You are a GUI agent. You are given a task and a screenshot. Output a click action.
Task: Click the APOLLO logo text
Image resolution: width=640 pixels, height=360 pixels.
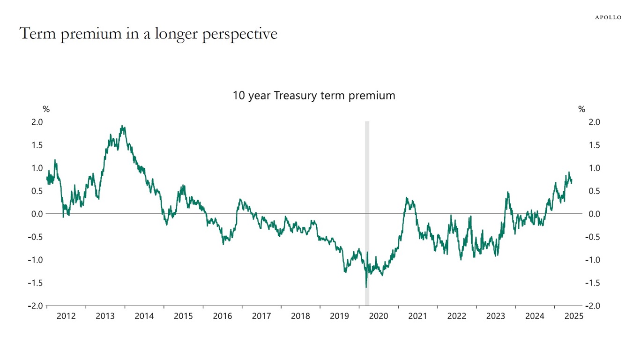(x=608, y=17)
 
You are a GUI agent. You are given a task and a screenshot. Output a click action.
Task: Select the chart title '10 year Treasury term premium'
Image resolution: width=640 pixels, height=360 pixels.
(x=314, y=96)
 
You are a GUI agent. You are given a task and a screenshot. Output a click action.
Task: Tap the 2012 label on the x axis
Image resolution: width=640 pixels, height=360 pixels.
(x=66, y=316)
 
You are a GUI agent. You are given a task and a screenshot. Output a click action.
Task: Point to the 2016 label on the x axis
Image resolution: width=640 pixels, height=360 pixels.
(x=223, y=316)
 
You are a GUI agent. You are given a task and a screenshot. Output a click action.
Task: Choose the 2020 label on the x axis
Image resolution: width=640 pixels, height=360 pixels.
(x=379, y=316)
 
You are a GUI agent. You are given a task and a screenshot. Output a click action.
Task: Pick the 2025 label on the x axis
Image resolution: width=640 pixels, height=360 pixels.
(x=574, y=316)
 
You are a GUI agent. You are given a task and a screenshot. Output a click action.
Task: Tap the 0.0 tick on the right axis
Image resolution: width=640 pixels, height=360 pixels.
(x=594, y=214)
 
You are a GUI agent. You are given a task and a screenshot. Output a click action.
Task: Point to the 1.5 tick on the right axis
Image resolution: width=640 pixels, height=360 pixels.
(x=594, y=145)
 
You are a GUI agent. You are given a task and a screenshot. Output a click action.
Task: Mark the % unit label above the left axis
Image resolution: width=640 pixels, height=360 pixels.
(x=46, y=109)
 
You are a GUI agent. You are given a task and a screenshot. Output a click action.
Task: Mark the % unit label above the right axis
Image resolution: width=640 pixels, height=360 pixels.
(x=581, y=109)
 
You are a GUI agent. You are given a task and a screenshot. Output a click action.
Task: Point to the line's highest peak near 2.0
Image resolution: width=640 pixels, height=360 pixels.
(x=123, y=126)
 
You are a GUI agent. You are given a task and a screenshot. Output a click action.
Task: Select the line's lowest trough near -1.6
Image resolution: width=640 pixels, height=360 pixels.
(x=366, y=287)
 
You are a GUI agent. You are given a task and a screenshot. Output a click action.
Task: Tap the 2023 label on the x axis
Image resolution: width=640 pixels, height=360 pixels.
(x=496, y=316)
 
